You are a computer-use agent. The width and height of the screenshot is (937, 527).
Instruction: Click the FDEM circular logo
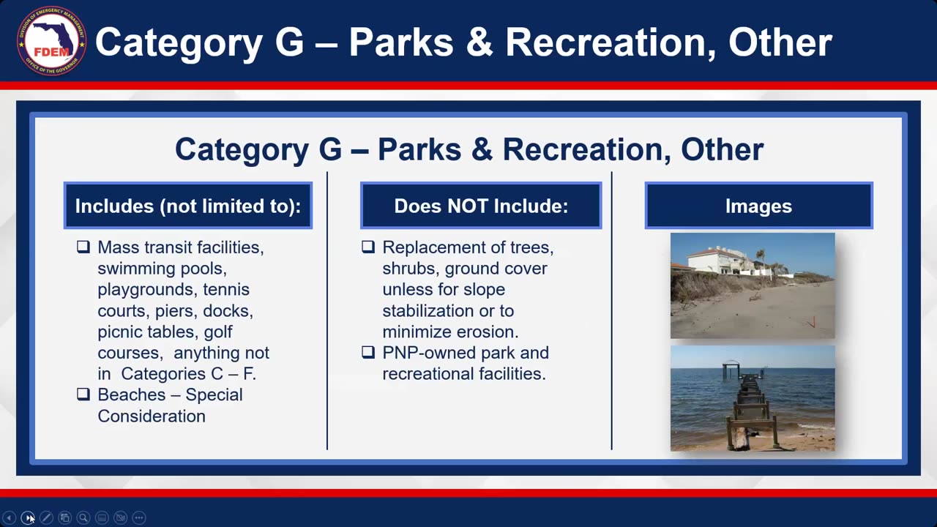pyautogui.click(x=51, y=41)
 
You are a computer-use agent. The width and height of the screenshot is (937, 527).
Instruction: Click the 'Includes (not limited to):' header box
pyautogui.click(x=188, y=206)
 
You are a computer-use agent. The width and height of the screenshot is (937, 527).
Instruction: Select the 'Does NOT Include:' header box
pyautogui.click(x=481, y=206)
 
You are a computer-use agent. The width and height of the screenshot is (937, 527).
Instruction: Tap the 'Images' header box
pyautogui.click(x=758, y=206)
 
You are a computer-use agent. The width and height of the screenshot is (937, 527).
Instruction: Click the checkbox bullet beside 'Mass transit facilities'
pyautogui.click(x=83, y=247)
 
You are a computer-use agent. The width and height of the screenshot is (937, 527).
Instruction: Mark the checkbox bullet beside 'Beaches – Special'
pyautogui.click(x=83, y=395)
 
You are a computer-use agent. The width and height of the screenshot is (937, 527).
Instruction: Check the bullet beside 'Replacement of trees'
pyautogui.click(x=368, y=247)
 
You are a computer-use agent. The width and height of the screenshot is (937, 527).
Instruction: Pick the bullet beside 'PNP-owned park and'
pyautogui.click(x=368, y=353)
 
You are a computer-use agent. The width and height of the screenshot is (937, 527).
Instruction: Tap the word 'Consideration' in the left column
pyautogui.click(x=152, y=416)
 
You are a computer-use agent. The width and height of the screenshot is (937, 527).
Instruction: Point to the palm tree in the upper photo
pyautogui.click(x=761, y=256)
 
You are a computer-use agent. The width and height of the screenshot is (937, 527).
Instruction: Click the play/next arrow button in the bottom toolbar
pyautogui.click(x=28, y=517)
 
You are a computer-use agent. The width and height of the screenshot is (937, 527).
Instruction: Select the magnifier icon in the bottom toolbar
pyautogui.click(x=83, y=517)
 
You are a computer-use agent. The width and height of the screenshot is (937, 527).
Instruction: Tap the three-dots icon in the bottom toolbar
pyautogui.click(x=139, y=517)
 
